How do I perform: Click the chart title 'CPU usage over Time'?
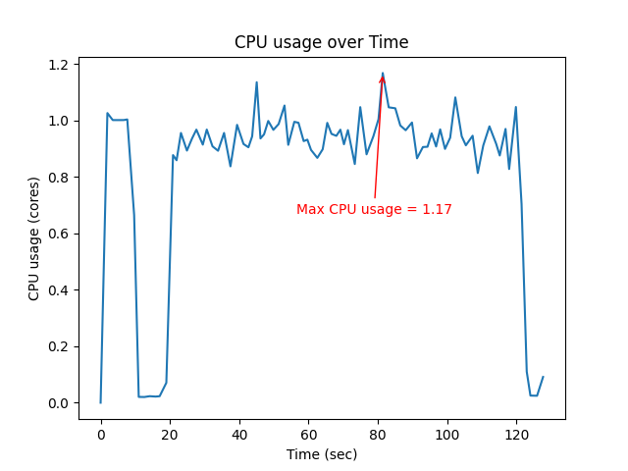point(321,42)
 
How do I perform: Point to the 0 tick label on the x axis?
point(101,434)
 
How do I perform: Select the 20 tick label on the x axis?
point(170,434)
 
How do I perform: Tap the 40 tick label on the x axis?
point(239,434)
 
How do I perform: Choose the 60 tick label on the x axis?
point(309,434)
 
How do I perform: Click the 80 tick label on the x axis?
point(378,434)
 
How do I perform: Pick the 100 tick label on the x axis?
point(447,434)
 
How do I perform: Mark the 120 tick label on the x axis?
point(517,434)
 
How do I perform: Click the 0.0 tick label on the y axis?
point(60,403)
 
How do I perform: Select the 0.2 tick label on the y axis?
point(60,347)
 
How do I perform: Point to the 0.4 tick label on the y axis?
point(60,290)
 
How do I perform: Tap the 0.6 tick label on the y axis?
point(60,235)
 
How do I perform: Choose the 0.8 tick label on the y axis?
point(60,178)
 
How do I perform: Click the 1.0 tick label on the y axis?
point(60,122)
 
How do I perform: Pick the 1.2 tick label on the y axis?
point(60,65)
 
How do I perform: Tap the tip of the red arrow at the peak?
point(383,75)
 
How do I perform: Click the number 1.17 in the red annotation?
point(437,209)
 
